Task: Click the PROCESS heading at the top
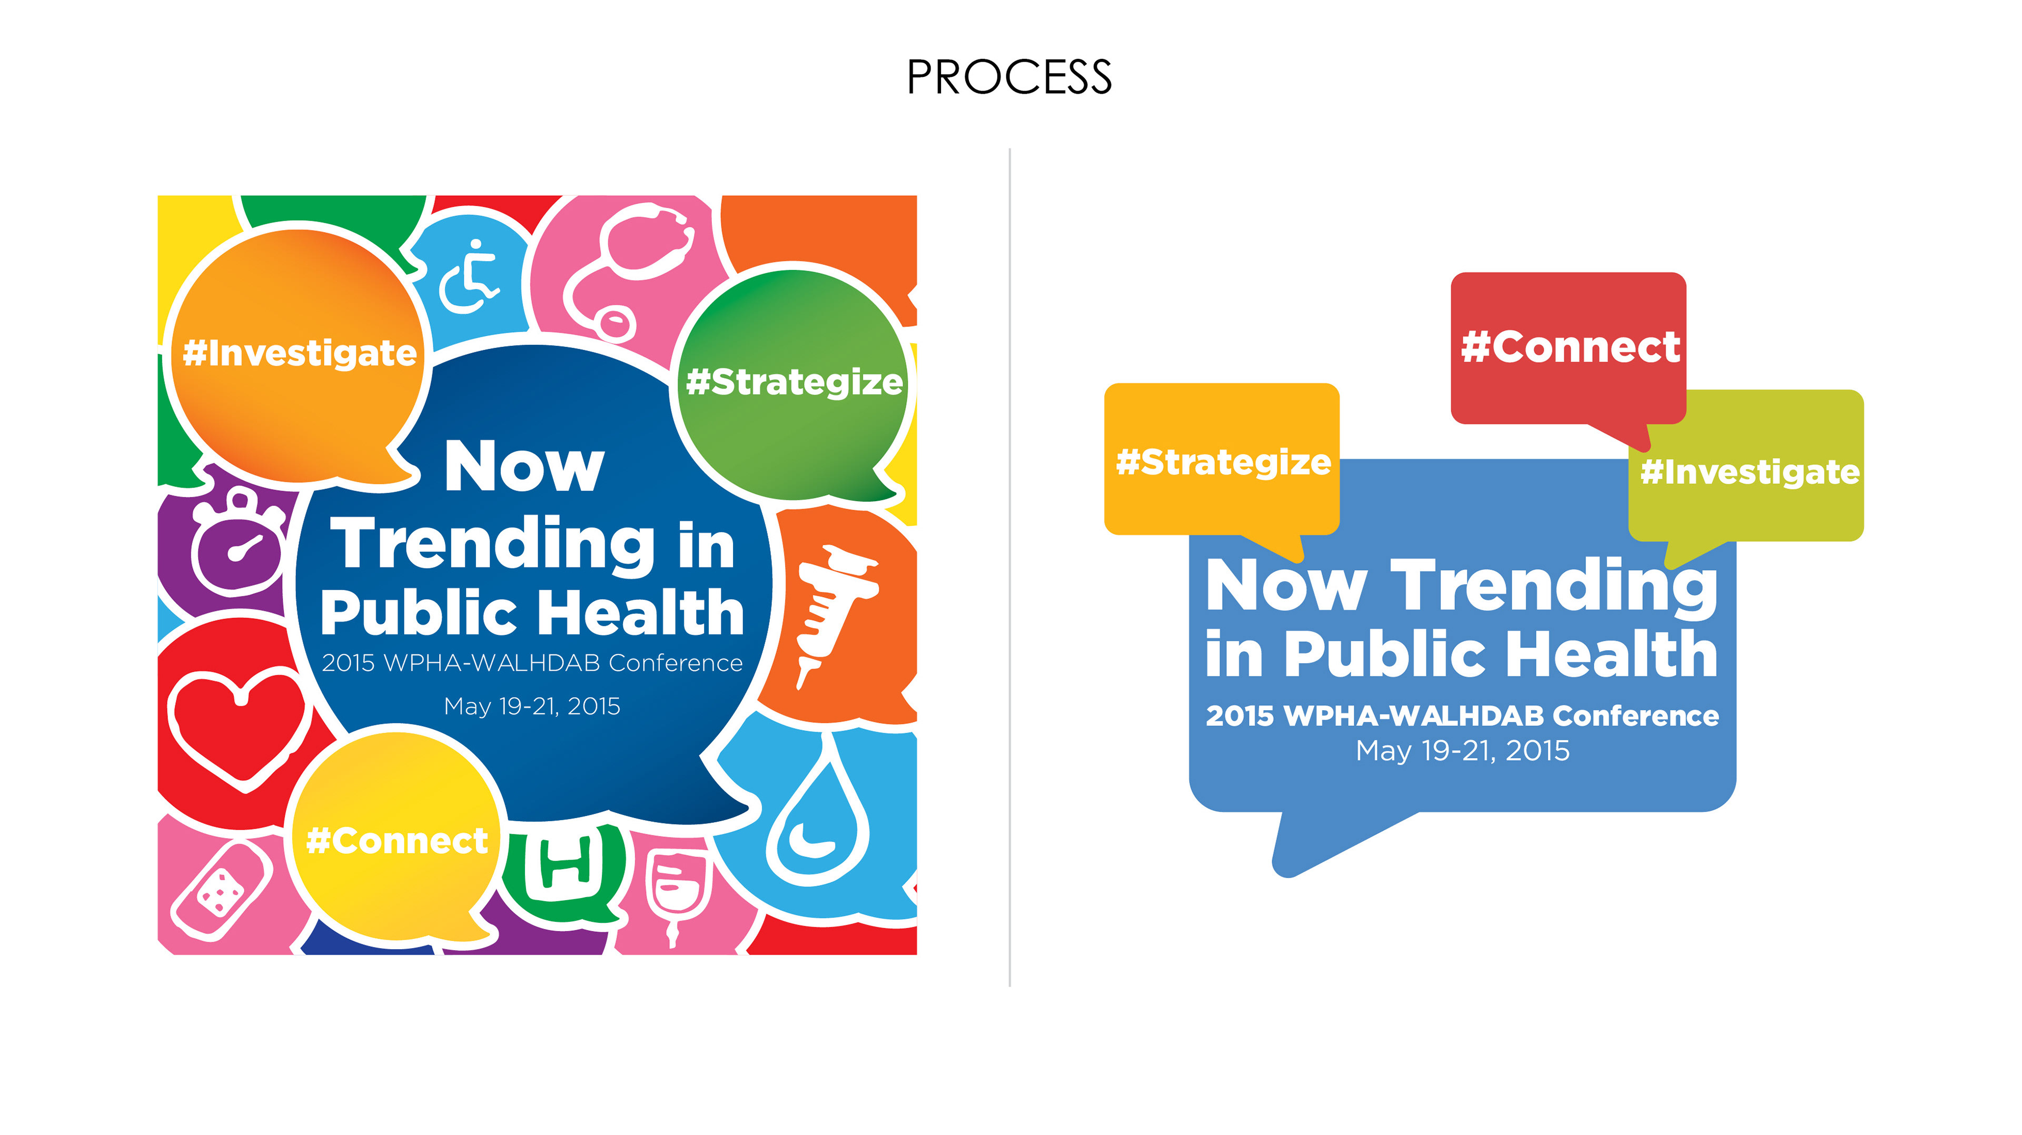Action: pyautogui.click(x=1009, y=77)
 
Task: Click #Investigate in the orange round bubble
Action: pyautogui.click(x=299, y=353)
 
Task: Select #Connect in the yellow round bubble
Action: pyautogui.click(x=397, y=841)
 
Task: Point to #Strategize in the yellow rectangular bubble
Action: pyautogui.click(x=1223, y=462)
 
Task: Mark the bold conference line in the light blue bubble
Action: pyautogui.click(x=1462, y=716)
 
